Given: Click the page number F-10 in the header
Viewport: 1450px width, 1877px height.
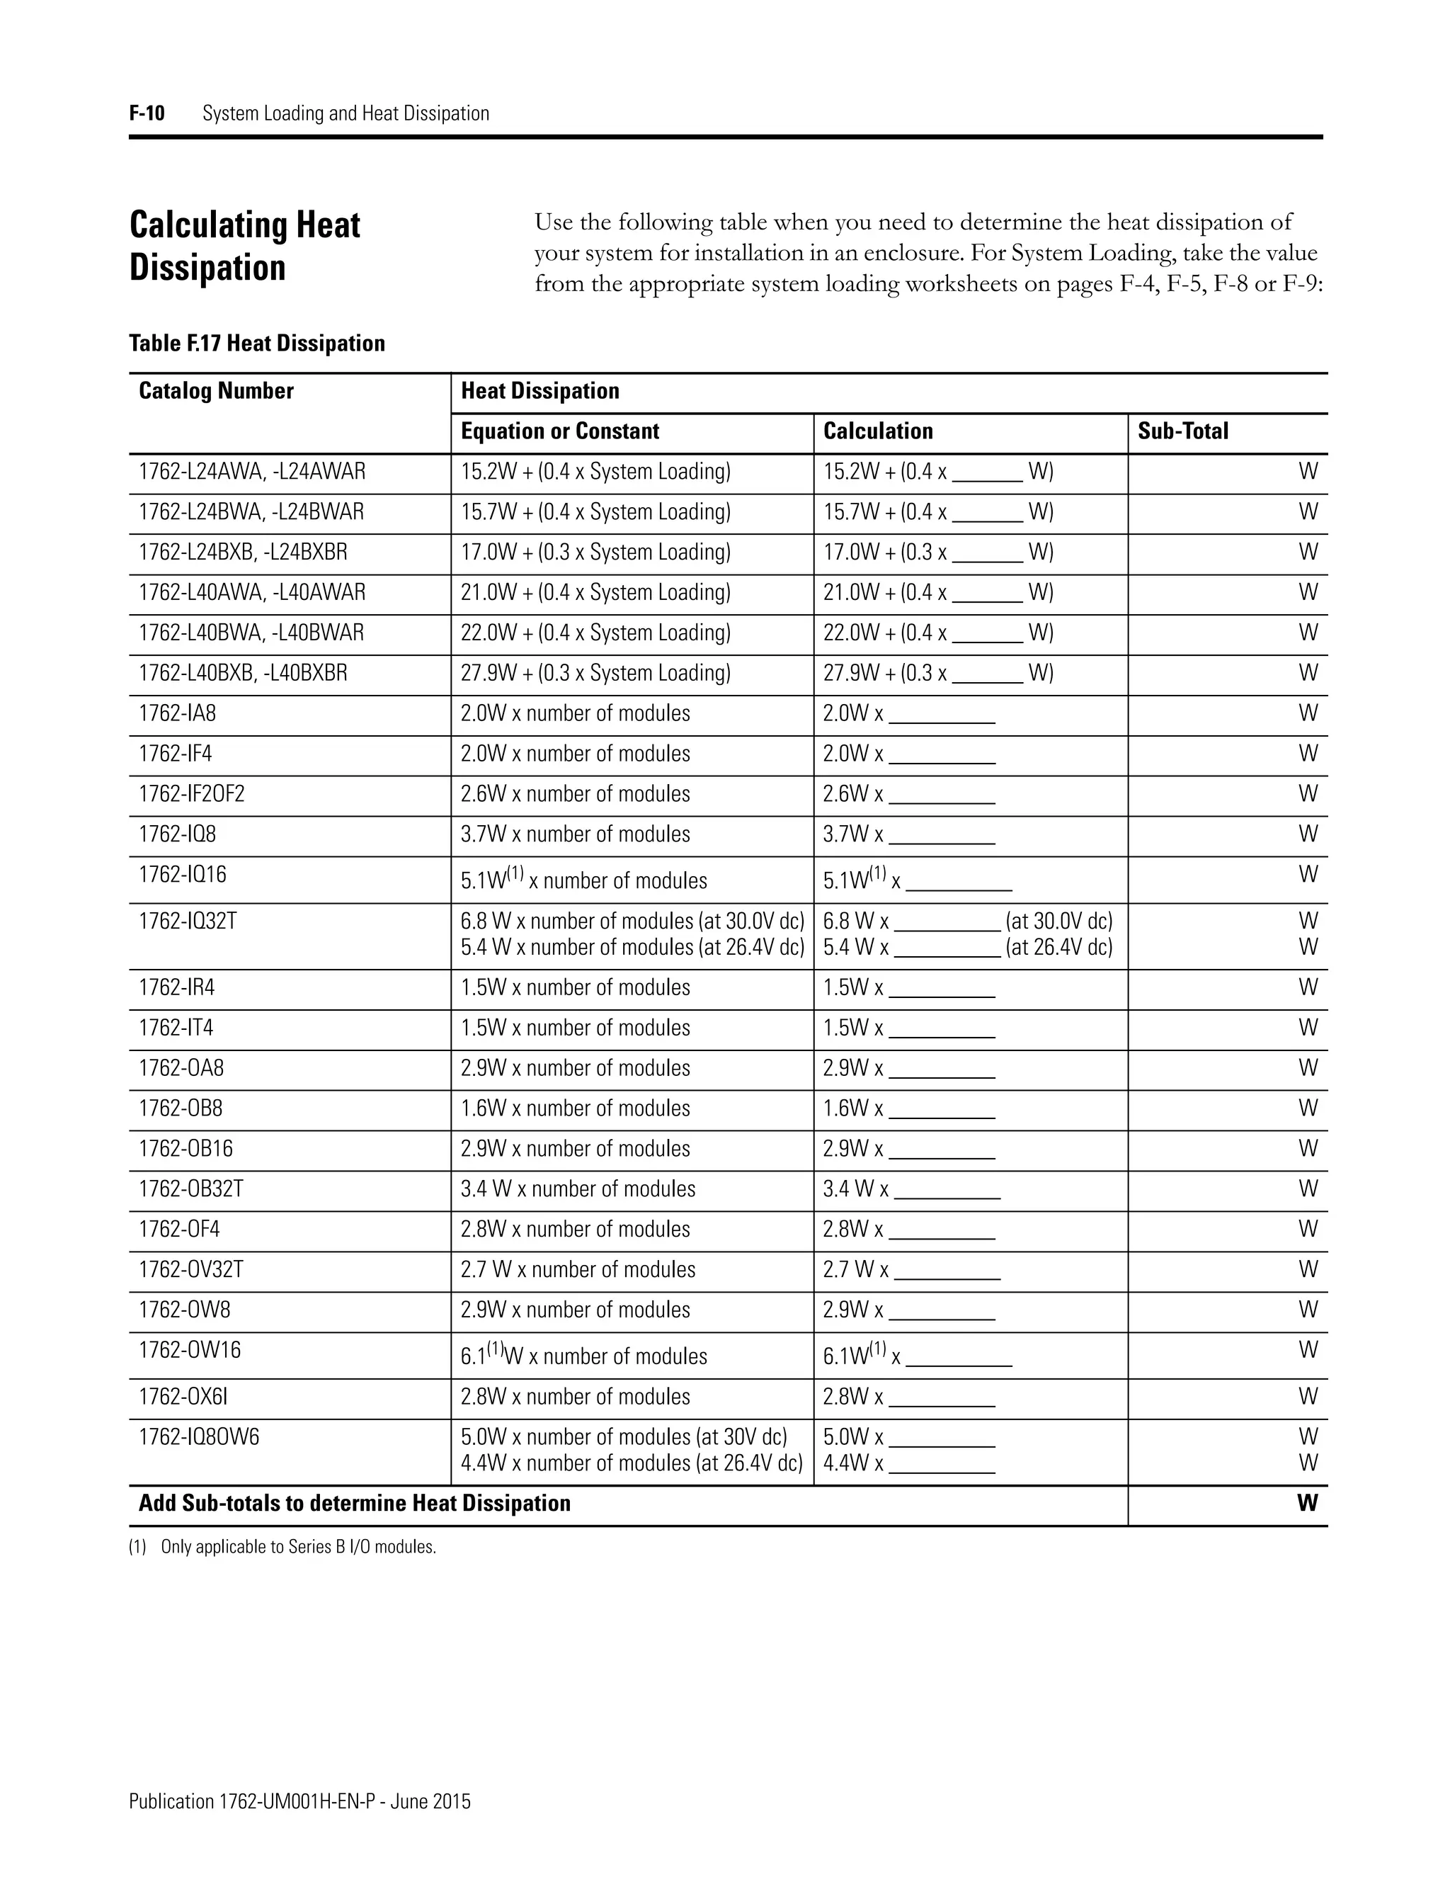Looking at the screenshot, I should [146, 113].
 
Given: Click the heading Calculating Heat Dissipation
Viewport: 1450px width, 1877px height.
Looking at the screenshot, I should [245, 246].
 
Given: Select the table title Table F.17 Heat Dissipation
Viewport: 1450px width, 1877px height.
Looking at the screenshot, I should [257, 344].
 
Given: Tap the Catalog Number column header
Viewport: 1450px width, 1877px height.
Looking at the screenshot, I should [216, 391].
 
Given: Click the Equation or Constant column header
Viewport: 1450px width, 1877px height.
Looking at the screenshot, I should [559, 431].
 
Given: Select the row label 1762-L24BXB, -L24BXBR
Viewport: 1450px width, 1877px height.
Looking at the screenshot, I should [243, 552].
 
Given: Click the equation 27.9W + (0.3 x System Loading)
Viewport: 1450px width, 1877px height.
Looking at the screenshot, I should [595, 673].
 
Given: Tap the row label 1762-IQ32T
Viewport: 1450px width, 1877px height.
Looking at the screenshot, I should [187, 922].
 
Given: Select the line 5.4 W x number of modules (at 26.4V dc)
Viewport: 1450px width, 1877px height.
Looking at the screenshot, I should [632, 947].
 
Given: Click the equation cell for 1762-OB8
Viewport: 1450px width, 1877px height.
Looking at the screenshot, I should [575, 1108].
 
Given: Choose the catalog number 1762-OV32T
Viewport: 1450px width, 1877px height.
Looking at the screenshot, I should [190, 1269].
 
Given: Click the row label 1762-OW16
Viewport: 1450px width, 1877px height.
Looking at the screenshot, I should [190, 1350].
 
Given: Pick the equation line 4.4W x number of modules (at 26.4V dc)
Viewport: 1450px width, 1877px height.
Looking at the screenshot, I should [631, 1463].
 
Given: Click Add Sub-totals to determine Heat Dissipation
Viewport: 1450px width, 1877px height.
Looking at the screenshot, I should [354, 1503].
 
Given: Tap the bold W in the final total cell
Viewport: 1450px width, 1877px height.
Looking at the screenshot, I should [1306, 1503].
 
